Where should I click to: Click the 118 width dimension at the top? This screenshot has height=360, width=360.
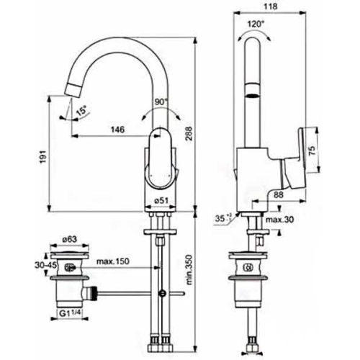pos(270,6)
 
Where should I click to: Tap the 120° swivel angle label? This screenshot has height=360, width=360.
pos(256,24)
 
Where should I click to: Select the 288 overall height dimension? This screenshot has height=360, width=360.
pos(189,136)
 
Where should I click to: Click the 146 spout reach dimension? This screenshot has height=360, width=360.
pos(117,130)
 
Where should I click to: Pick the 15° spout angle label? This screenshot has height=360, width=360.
pos(81,112)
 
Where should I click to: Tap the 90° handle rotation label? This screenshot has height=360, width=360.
pos(161,102)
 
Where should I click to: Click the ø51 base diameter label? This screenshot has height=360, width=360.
pos(161,201)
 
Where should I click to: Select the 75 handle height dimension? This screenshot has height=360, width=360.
pos(312,151)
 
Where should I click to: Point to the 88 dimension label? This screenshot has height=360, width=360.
pos(279,194)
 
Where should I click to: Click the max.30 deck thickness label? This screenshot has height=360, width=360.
pos(279,220)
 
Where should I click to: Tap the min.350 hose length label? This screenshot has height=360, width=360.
pos(189,269)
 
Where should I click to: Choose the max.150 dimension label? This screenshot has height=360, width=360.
pos(113,261)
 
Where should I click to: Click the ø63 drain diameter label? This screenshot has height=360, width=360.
pos(69,239)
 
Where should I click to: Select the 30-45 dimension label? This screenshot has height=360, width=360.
pos(45,265)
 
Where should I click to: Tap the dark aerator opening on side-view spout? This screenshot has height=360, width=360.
pos(253,96)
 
